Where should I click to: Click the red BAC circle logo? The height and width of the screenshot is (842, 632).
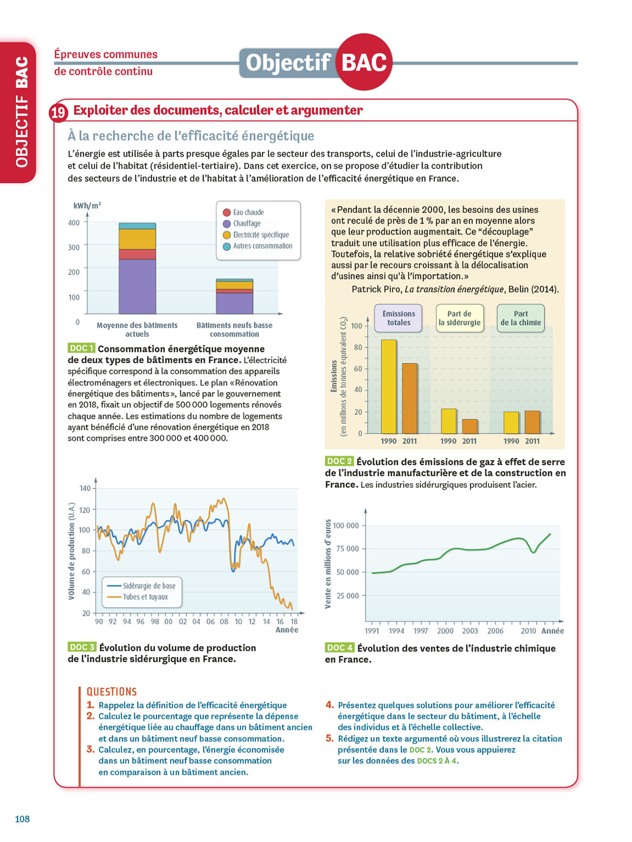pos(364,62)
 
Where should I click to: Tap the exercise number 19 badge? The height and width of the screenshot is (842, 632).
pos(58,112)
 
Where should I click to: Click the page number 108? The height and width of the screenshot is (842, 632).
pos(22,819)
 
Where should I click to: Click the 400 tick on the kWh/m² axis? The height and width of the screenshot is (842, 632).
pos(74,223)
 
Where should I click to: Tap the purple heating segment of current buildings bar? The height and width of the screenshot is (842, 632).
pos(137,286)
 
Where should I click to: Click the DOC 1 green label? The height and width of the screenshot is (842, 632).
pos(81,349)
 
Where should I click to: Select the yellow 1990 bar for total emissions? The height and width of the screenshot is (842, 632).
pos(389,386)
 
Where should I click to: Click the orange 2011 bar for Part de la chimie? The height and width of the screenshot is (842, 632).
pos(532,422)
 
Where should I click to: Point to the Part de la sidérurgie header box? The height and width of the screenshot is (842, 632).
pos(460,318)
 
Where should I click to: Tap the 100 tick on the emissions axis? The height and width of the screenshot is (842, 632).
pos(357,326)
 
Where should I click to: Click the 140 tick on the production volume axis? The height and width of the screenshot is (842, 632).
pos(85,488)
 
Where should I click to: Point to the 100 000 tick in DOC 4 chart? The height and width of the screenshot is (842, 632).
pos(345,526)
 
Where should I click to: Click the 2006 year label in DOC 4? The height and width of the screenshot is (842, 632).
pos(495,631)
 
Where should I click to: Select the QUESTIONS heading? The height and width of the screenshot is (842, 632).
pos(112,692)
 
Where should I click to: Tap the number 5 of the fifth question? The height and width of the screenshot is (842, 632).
pos(330,739)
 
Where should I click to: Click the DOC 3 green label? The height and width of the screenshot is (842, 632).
pos(81,647)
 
